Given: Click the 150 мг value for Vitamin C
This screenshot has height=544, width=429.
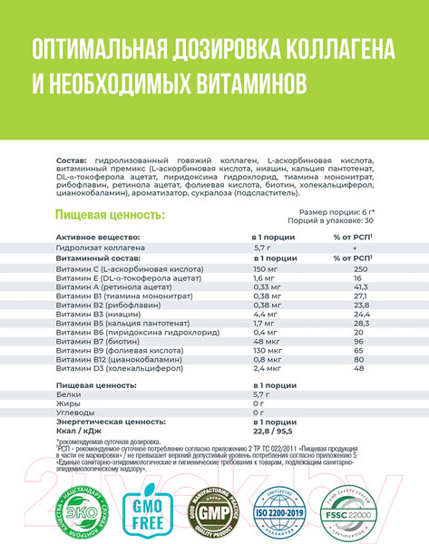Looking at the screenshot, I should [x=264, y=269].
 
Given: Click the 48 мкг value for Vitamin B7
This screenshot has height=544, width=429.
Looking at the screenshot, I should [x=266, y=339].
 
